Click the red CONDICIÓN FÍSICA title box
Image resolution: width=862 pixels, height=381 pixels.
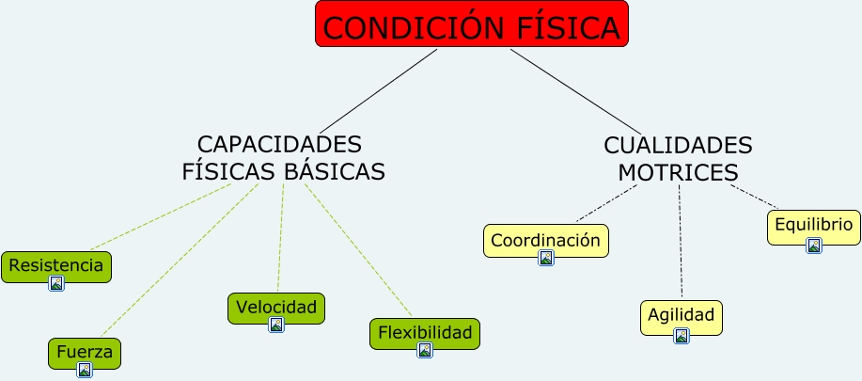click(471, 25)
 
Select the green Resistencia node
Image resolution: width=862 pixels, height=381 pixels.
click(55, 265)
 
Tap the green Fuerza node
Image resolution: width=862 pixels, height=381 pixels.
click(85, 352)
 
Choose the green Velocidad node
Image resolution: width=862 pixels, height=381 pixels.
click(276, 307)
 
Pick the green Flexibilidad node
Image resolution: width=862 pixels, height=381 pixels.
click(424, 332)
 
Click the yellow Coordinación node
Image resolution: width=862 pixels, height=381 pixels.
click(545, 239)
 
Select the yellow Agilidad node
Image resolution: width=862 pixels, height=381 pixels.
click(682, 314)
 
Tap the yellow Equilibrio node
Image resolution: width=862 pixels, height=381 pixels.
click(813, 225)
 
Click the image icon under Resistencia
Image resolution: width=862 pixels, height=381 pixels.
click(56, 282)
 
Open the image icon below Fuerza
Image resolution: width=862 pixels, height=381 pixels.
click(85, 370)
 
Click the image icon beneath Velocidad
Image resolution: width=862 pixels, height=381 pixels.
click(276, 325)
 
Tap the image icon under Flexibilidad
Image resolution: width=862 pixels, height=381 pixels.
click(425, 350)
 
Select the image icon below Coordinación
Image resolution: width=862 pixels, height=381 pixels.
click(546, 258)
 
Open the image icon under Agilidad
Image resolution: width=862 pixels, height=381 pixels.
click(682, 335)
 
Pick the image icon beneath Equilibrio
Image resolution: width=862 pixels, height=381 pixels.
click(814, 246)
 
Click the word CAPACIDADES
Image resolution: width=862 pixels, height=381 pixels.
click(279, 145)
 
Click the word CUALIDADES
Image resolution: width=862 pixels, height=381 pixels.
click(678, 146)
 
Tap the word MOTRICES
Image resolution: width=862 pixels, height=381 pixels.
click(678, 173)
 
